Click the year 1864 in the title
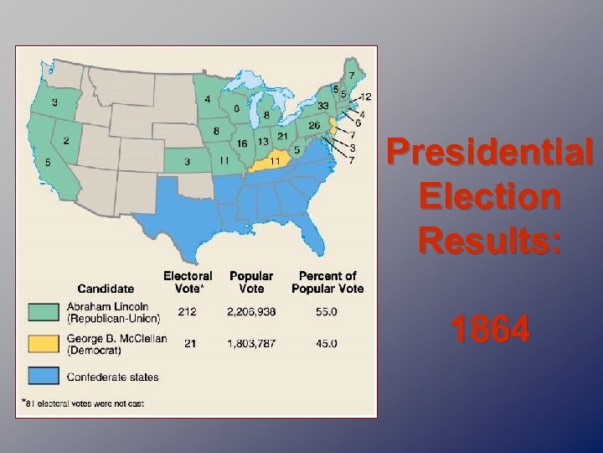tap(490, 329)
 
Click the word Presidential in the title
tap(490, 154)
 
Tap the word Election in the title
tap(490, 198)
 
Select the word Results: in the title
tap(490, 241)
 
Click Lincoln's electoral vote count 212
tap(187, 312)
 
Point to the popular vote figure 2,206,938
tap(251, 312)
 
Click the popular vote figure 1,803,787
tap(251, 343)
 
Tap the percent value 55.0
tap(327, 312)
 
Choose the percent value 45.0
tap(327, 343)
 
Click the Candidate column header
tap(106, 288)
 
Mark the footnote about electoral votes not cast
tap(83, 404)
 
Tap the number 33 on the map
tap(322, 107)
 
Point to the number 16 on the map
tap(241, 143)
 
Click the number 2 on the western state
tap(65, 142)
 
